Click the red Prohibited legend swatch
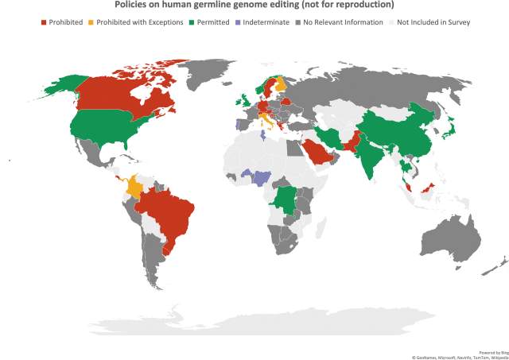click(x=44, y=22)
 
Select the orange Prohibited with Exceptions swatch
click(x=92, y=22)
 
